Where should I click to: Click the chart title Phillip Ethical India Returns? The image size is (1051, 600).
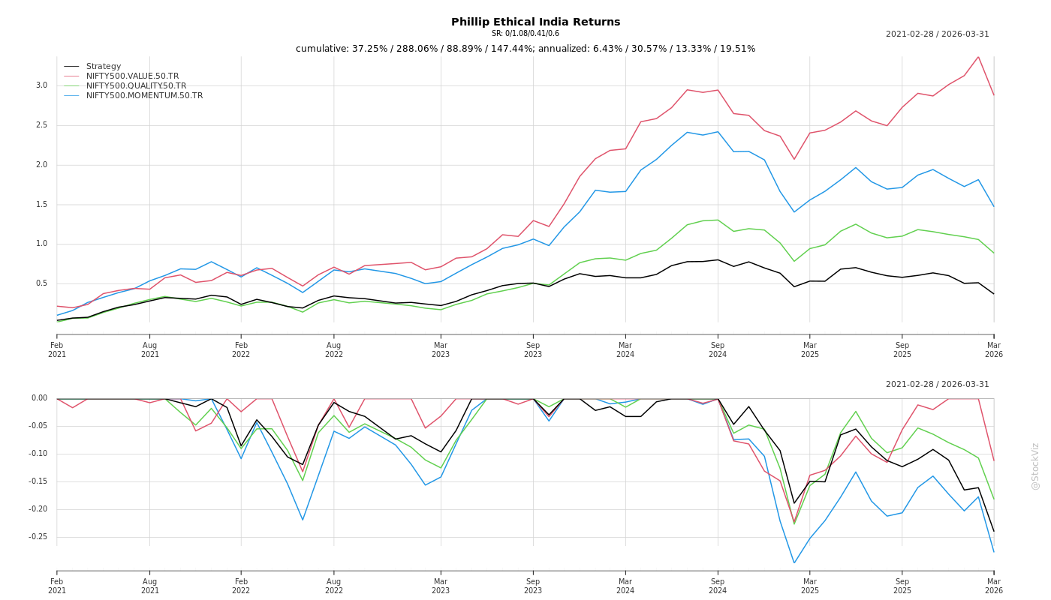[535, 22]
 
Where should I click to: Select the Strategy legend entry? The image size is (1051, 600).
[103, 67]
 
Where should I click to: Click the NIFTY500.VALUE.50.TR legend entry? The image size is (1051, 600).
[132, 76]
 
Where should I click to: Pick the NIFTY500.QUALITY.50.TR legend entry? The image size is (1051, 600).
[136, 86]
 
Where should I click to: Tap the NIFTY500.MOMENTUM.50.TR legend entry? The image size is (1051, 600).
[144, 96]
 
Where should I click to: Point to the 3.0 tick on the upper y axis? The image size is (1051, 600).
[41, 85]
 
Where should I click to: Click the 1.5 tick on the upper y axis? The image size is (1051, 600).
[41, 204]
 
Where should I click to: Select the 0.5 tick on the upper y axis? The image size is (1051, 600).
[41, 283]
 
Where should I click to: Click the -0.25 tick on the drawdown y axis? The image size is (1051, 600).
[38, 537]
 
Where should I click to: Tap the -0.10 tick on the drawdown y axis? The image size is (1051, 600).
[38, 454]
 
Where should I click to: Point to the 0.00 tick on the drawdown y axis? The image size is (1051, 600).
[39, 398]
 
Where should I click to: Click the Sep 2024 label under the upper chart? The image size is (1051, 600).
[718, 349]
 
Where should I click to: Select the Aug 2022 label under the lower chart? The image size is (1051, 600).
[334, 586]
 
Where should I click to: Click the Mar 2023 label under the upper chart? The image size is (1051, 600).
[441, 349]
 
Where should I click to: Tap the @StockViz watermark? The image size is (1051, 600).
[1035, 466]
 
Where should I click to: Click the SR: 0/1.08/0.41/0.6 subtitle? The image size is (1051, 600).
[525, 34]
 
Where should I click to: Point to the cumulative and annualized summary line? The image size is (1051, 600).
[525, 49]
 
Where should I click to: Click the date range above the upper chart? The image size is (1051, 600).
[937, 34]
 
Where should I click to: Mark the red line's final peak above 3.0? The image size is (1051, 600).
[978, 57]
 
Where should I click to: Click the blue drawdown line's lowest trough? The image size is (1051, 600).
[794, 562]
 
